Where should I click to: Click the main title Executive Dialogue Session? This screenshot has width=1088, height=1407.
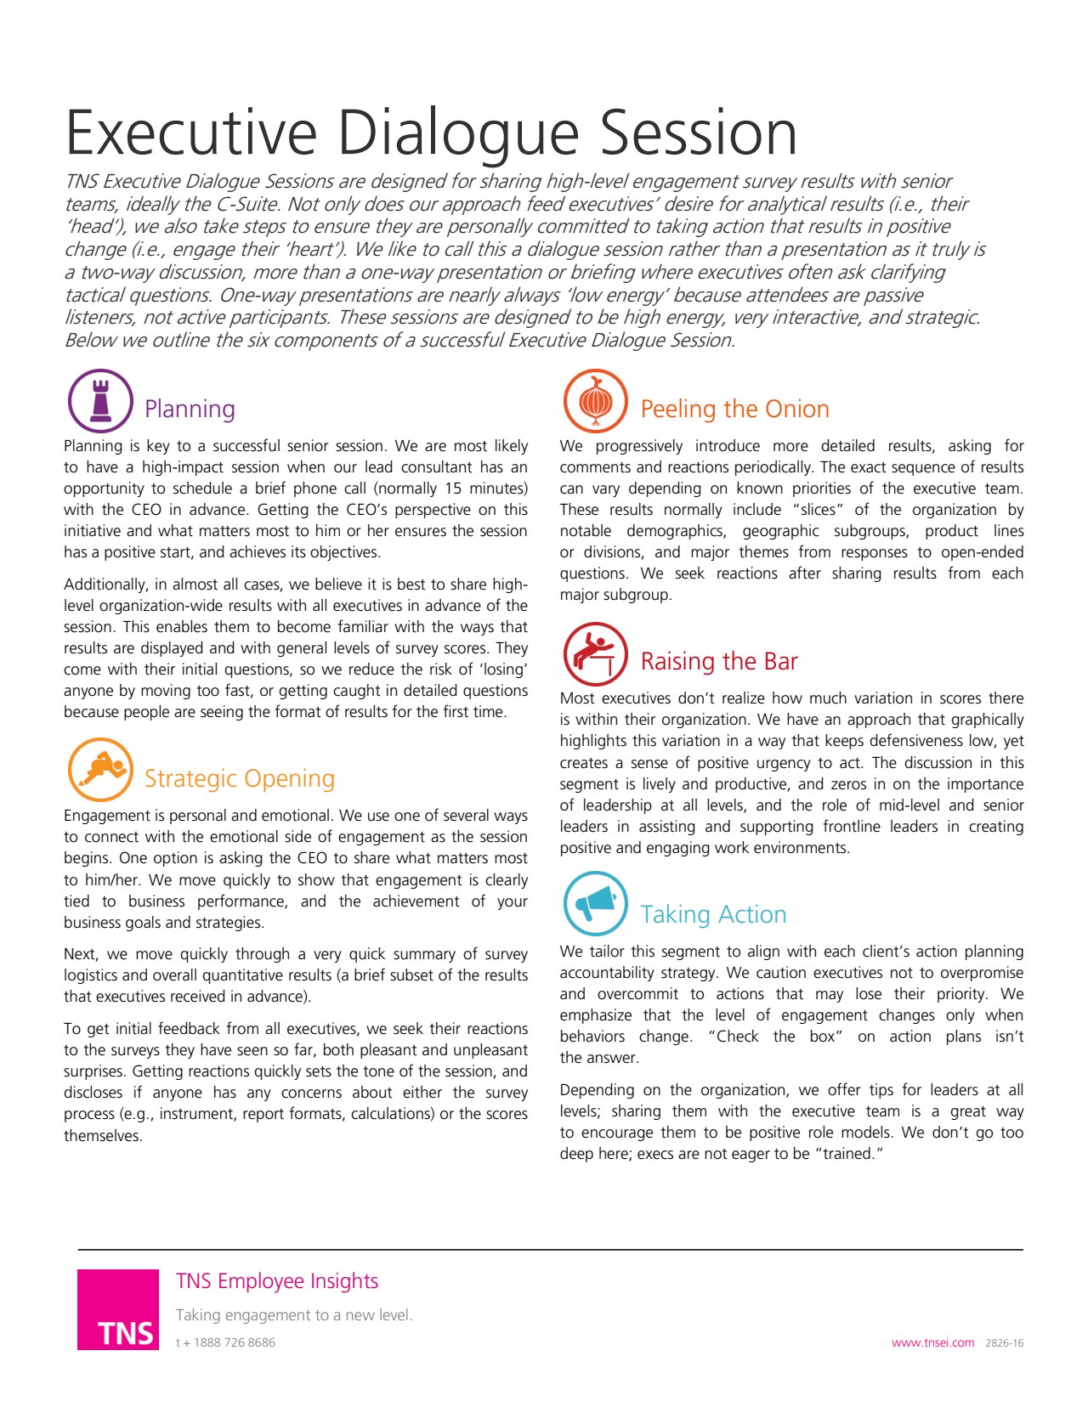coord(431,133)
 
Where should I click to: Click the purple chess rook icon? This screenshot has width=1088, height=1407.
coord(100,401)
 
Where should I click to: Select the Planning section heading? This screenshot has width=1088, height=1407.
coord(190,409)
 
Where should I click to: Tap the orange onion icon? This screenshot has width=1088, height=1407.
coord(596,401)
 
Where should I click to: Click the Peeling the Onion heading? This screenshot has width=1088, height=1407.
coord(734,409)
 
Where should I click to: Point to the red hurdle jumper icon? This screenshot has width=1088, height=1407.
coord(596,654)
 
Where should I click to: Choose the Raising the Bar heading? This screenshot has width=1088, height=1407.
coord(719,661)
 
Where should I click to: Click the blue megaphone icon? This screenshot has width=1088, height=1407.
coord(596,904)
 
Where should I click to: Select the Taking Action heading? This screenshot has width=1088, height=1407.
coord(713,914)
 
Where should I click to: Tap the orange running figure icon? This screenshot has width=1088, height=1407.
coord(100,770)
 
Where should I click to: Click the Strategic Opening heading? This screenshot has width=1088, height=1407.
coord(240,778)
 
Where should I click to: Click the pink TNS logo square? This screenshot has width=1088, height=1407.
coord(118,1309)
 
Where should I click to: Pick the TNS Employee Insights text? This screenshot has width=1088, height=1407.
coord(277,1281)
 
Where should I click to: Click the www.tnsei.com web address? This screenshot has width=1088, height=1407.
coord(932,1343)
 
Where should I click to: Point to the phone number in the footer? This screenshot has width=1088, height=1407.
coord(225,1343)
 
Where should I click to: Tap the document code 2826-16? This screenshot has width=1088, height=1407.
coord(1005,1343)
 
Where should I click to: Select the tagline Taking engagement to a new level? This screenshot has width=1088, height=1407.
coord(294,1315)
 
